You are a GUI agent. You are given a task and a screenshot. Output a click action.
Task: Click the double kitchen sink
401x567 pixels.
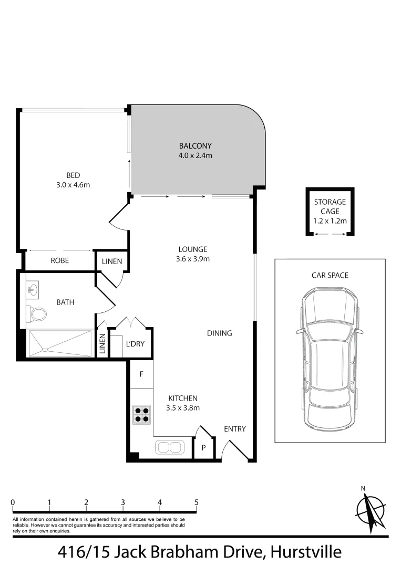click(169, 447)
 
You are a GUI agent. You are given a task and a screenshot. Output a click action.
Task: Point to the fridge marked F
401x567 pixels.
click(141, 375)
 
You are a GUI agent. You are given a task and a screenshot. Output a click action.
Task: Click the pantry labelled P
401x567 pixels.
click(203, 448)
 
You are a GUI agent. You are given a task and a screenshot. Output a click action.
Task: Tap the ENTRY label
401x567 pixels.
click(234, 429)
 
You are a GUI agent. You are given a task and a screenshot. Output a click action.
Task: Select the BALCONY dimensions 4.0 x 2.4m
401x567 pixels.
click(195, 155)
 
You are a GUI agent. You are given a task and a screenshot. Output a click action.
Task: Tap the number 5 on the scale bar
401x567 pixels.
click(197, 502)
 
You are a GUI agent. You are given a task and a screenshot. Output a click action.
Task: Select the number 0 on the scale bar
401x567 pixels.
click(12, 502)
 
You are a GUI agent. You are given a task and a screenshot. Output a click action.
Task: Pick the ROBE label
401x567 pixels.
click(60, 260)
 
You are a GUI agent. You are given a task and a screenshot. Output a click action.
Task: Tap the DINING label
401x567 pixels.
click(219, 333)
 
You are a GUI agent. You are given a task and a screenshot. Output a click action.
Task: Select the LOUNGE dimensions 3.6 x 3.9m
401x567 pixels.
click(192, 259)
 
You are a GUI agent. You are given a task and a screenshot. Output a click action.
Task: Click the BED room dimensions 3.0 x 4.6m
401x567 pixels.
click(73, 184)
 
